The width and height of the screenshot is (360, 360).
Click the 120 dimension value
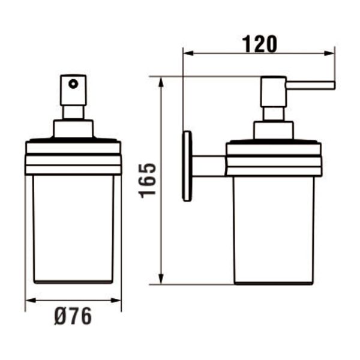[x=259, y=44]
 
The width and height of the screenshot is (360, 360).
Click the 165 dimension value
[x=148, y=179]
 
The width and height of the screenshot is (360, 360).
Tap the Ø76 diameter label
[x=73, y=316]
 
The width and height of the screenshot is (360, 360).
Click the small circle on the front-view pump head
[x=74, y=84]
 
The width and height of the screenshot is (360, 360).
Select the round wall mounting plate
[x=188, y=166]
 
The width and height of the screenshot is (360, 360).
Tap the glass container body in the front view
[x=73, y=228]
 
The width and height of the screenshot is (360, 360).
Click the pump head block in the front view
[x=74, y=90]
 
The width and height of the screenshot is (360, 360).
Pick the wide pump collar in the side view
[x=274, y=130]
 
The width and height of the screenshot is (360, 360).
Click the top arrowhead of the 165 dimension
[x=161, y=81]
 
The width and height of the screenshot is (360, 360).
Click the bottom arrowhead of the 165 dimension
[x=161, y=280]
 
